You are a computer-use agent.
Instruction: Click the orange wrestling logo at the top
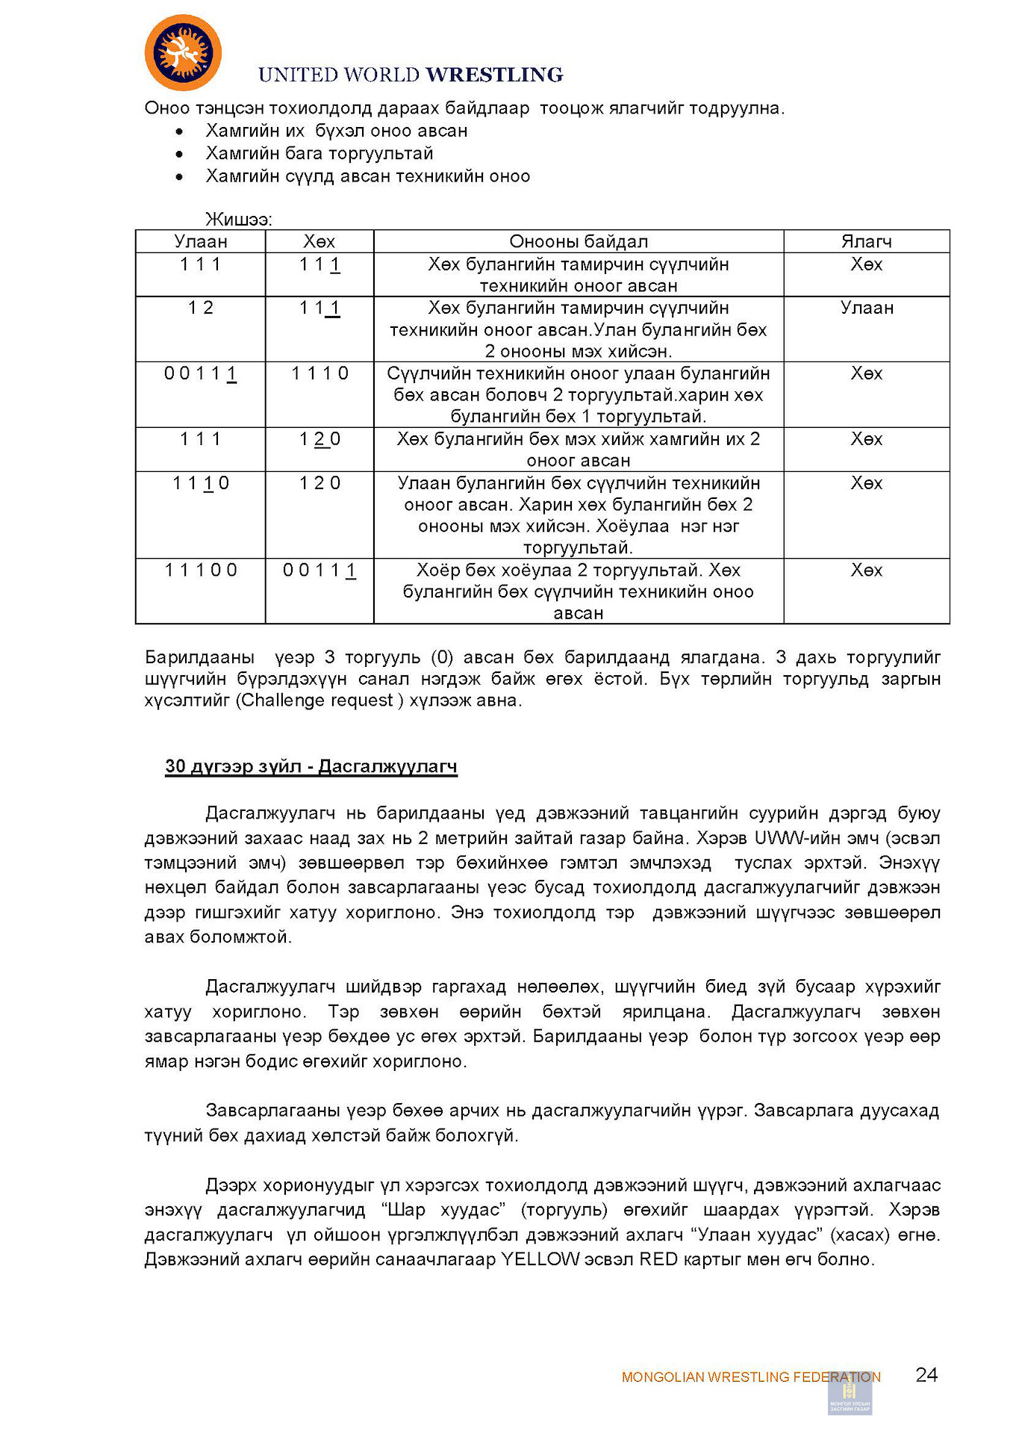(x=183, y=53)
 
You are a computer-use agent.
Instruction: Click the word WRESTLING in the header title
(x=494, y=75)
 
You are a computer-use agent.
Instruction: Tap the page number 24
(x=926, y=1375)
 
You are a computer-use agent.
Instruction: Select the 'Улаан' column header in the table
(x=200, y=241)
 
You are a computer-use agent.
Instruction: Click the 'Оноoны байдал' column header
(x=579, y=241)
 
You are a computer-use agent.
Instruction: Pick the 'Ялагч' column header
(x=866, y=241)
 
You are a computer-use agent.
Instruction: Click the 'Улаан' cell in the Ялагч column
(x=866, y=308)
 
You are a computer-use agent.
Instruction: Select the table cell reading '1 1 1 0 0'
(x=200, y=570)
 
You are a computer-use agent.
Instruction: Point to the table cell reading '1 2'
(x=200, y=308)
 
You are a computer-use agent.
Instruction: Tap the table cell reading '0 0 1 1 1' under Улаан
(x=200, y=373)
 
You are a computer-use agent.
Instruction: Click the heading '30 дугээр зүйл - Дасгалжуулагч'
(x=311, y=766)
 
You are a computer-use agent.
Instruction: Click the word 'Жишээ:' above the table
(x=239, y=220)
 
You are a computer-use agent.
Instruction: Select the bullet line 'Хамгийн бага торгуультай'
(x=320, y=154)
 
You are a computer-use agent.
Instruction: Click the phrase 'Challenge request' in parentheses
(x=319, y=701)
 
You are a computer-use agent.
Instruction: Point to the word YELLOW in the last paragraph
(x=540, y=1259)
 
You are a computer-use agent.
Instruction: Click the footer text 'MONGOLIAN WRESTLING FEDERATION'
(x=750, y=1377)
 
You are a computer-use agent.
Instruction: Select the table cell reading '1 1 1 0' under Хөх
(x=320, y=373)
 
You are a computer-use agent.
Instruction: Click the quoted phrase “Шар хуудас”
(x=443, y=1210)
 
